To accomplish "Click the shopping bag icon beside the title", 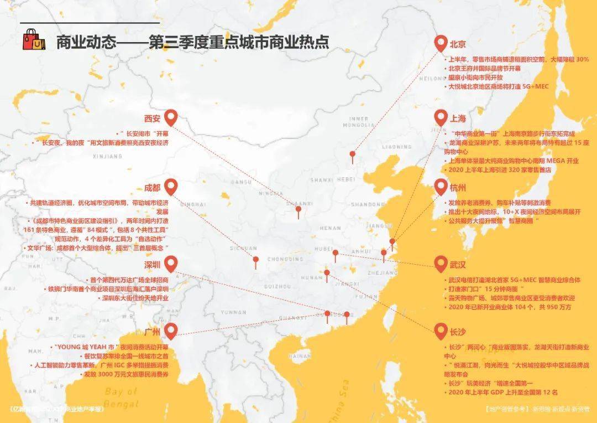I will click(x=33, y=40).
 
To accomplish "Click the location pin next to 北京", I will click(x=441, y=43).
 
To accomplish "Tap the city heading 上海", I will click(x=458, y=119).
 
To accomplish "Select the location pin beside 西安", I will click(x=171, y=117).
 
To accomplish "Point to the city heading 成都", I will click(x=152, y=188).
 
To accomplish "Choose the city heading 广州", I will click(x=152, y=333).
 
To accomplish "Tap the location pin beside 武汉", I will click(x=441, y=264).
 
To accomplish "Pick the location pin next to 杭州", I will click(x=441, y=187).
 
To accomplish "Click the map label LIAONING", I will click(x=397, y=147).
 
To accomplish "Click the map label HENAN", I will click(x=331, y=228).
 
